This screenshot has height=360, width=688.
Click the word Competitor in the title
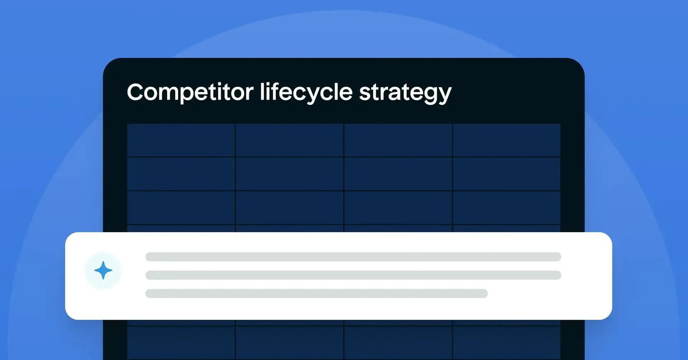(x=190, y=92)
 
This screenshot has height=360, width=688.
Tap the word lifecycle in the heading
(x=306, y=92)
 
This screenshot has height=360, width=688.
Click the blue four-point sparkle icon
(x=103, y=270)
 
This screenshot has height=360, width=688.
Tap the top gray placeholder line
(x=353, y=257)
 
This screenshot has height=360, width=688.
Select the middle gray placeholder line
(x=353, y=275)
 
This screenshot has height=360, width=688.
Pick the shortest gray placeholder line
(x=316, y=293)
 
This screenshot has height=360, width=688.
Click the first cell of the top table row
(x=181, y=140)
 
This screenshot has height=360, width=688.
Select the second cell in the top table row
(x=290, y=140)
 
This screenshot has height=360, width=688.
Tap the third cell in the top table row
(x=398, y=140)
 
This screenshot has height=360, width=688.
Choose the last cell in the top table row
(x=506, y=140)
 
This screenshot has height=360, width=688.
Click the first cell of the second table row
(x=181, y=174)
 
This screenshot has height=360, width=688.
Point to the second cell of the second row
(x=290, y=174)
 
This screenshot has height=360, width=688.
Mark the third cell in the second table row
(x=398, y=174)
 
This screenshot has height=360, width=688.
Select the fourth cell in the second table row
(x=506, y=174)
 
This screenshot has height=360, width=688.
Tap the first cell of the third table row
(x=181, y=208)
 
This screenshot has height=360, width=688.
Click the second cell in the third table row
(x=290, y=208)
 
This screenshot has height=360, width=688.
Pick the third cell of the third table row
(x=398, y=208)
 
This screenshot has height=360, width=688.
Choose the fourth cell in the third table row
(x=506, y=208)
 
